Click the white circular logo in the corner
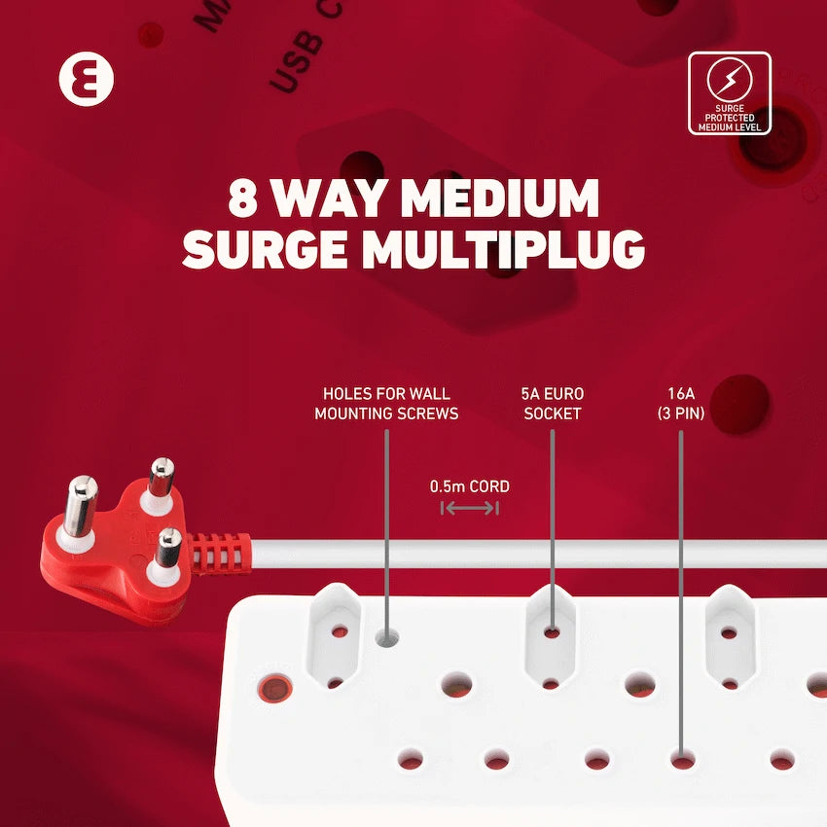(86, 80)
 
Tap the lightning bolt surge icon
(729, 81)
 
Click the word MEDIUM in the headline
(500, 198)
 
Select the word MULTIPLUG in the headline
(504, 248)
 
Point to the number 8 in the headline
(242, 198)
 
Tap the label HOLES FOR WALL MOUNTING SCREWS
(386, 404)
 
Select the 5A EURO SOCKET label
(552, 404)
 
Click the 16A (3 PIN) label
(681, 404)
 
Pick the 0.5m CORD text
(470, 486)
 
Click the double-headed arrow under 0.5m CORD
(469, 508)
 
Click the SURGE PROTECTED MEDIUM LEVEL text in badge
(729, 119)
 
